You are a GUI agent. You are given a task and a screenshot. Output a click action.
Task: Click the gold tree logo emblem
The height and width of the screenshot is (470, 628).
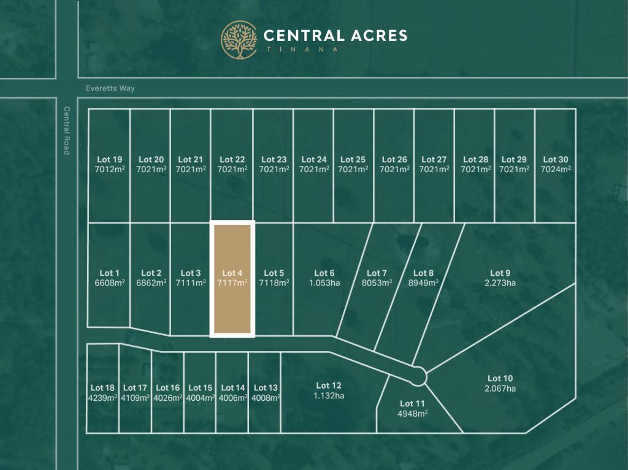(239, 40)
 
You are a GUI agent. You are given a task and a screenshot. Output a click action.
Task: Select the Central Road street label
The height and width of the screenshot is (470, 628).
(67, 131)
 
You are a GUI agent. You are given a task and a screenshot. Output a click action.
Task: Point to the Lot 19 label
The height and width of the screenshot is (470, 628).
(109, 160)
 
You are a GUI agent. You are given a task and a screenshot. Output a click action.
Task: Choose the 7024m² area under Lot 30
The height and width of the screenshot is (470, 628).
(556, 169)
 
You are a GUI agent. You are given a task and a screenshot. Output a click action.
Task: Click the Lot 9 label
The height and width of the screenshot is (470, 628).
(500, 273)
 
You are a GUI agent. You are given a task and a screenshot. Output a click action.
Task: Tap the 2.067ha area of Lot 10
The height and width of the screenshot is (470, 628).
(500, 389)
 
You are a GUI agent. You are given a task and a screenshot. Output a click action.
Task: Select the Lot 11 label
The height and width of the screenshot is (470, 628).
(412, 403)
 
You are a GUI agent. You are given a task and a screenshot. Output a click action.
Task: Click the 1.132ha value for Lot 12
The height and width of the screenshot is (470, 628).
(329, 396)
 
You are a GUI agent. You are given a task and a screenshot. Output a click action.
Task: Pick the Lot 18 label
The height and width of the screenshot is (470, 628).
(102, 388)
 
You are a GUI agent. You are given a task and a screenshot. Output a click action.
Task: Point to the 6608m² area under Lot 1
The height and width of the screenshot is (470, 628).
(109, 283)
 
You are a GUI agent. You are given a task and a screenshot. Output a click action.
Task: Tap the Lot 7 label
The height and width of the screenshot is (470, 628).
(377, 273)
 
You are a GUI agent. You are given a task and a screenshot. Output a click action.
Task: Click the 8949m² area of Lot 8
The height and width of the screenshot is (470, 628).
(424, 283)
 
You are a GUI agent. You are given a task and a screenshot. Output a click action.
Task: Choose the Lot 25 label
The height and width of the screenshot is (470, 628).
(353, 160)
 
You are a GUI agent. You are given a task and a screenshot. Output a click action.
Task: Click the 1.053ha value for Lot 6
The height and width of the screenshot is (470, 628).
(324, 283)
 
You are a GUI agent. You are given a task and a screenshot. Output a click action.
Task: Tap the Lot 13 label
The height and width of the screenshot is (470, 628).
(266, 388)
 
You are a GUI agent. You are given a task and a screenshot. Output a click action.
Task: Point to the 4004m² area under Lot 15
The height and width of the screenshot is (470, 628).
(200, 398)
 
